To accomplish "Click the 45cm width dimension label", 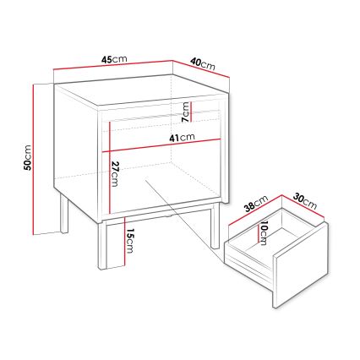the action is click(x=114, y=59).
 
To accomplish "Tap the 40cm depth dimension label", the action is click(x=203, y=64).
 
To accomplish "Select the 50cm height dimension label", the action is click(x=28, y=158).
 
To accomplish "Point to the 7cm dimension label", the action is click(x=185, y=112).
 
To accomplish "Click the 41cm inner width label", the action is click(x=182, y=138).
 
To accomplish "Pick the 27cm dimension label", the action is click(x=115, y=174).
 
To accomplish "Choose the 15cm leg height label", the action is click(x=129, y=241).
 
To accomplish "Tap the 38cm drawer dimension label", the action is click(x=256, y=203).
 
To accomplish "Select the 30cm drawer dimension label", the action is click(x=305, y=200).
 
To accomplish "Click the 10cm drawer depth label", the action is click(x=264, y=233).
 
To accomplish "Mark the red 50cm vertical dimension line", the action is click(x=34, y=159).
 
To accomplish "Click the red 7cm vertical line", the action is click(x=191, y=112).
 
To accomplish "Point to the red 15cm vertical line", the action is click(x=123, y=242).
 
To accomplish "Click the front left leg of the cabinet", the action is click(x=101, y=245).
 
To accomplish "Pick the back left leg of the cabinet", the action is click(x=64, y=212).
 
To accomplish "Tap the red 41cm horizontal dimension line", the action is click(x=161, y=145).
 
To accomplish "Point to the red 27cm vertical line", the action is click(x=109, y=167).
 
